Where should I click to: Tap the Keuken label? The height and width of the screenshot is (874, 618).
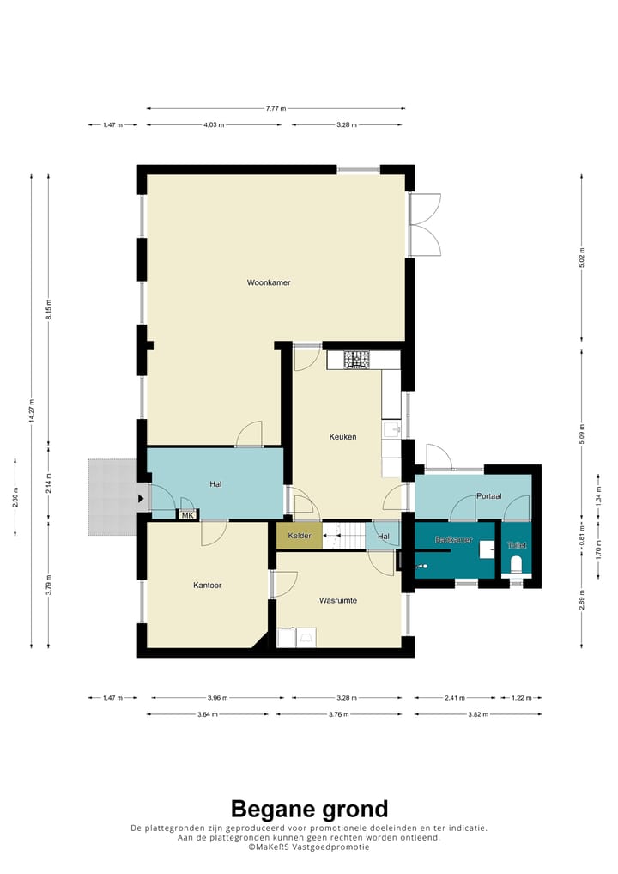click(x=342, y=437)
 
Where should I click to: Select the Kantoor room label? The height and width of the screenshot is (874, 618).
click(x=207, y=586)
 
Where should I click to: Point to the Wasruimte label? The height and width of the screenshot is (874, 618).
click(x=337, y=600)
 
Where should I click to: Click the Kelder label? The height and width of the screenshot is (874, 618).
click(x=299, y=536)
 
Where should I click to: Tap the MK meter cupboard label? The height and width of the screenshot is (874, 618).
click(x=187, y=515)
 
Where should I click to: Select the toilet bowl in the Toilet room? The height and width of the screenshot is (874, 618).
click(x=517, y=564)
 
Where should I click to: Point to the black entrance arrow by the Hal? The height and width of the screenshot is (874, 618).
click(x=141, y=498)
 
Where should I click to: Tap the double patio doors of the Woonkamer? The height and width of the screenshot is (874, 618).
click(x=425, y=224)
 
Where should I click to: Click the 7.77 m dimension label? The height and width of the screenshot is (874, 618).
click(x=276, y=108)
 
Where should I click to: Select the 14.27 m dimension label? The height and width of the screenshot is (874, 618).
click(x=32, y=411)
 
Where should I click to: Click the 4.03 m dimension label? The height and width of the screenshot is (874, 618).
click(x=214, y=125)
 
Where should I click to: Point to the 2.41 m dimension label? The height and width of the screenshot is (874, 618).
click(x=452, y=697)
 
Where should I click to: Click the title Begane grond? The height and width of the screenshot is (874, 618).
click(x=309, y=809)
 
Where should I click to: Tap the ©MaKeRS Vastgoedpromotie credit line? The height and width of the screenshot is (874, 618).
click(x=309, y=847)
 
